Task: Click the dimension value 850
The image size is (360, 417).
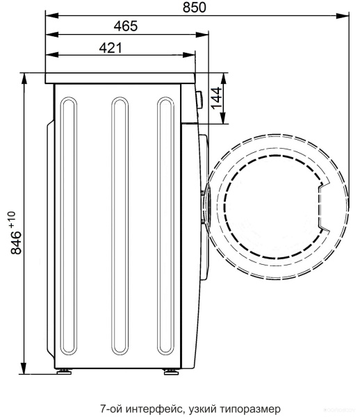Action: (195, 8)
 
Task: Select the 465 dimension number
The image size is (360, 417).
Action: (126, 26)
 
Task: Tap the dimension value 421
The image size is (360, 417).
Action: (111, 48)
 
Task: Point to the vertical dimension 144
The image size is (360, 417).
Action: (216, 98)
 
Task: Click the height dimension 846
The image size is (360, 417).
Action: (16, 243)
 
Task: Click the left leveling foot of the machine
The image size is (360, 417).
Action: (64, 371)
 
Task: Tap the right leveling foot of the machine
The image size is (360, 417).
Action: (172, 371)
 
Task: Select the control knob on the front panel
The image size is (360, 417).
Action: (199, 99)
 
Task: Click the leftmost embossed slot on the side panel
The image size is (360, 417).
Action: (69, 226)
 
